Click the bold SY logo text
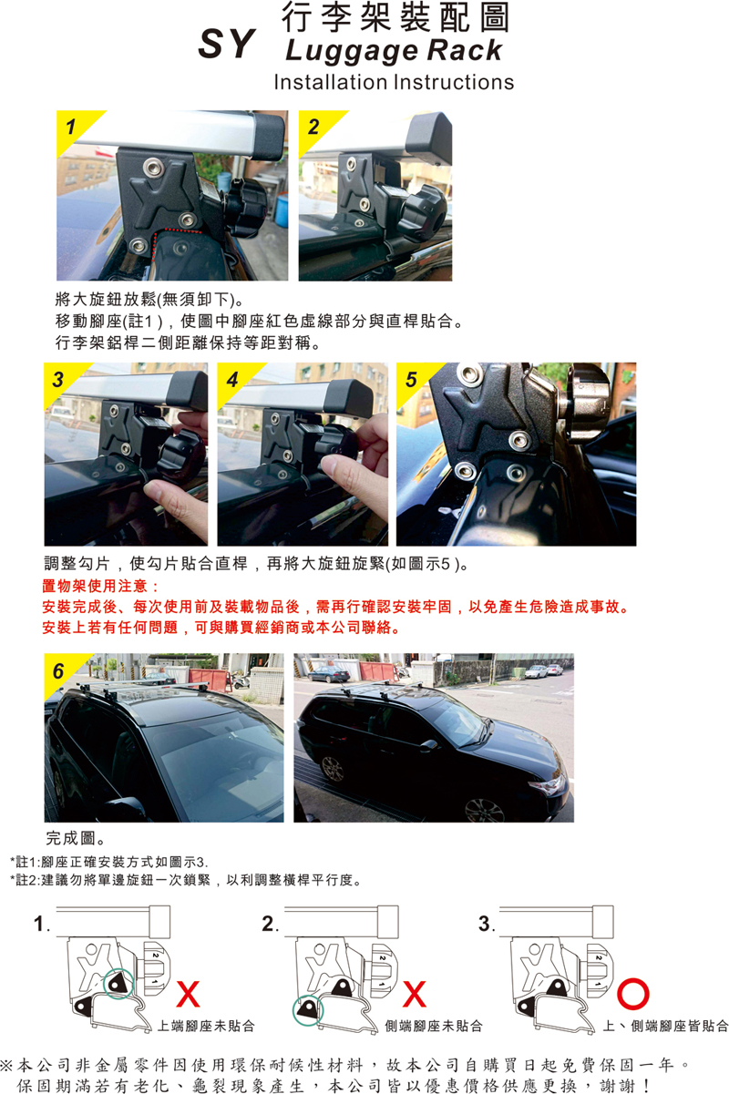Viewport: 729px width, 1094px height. [227, 44]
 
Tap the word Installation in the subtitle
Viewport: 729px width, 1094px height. [330, 82]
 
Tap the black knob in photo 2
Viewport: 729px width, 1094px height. [421, 215]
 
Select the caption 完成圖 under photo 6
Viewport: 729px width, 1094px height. [75, 838]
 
